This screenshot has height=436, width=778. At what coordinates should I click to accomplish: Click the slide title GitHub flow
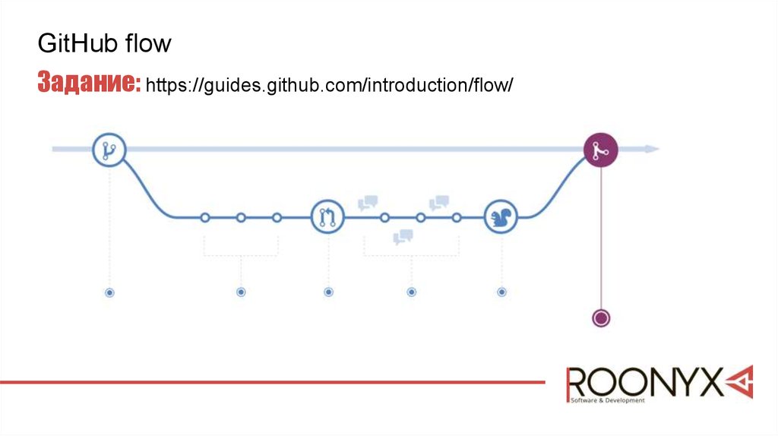pos(105,44)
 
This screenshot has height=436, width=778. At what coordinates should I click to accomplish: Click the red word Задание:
pos(89,83)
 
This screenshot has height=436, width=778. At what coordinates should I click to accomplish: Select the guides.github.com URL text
pos(330,84)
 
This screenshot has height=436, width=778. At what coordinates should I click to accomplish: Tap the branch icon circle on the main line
pos(109,150)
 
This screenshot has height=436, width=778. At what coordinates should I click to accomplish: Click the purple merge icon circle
pos(600,150)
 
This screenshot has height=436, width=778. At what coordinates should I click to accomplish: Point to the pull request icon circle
pos(327,218)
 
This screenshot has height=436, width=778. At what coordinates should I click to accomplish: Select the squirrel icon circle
pos(501,218)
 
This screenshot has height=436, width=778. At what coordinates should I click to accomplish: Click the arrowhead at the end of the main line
pos(652,150)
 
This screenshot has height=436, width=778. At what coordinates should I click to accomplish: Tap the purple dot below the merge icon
pos(601,318)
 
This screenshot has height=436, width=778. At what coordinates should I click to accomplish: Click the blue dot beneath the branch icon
pos(109,292)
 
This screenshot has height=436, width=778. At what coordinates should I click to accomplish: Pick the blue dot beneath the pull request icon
pos(328,292)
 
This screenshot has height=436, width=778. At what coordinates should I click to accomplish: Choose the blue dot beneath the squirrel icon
pos(501,292)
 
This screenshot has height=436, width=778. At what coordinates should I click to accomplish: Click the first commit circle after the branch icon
pos(204,218)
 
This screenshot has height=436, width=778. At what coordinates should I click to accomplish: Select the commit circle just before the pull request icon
pos(277,218)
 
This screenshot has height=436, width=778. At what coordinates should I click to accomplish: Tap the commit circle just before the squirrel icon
pos(457,218)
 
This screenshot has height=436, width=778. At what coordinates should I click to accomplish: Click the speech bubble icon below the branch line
pos(403,237)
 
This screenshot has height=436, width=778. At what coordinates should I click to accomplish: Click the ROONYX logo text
pos(644,382)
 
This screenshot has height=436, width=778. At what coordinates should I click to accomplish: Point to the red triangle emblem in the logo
pos(738,381)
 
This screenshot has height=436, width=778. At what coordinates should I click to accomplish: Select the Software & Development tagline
pos(607,400)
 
